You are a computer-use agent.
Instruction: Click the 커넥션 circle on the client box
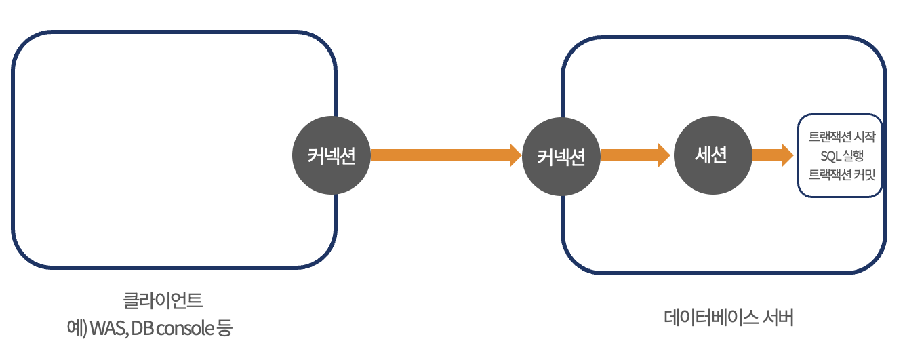[x=332, y=156]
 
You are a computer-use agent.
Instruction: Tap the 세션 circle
[x=712, y=155]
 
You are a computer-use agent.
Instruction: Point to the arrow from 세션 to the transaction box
[x=772, y=155]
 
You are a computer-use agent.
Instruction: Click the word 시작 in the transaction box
[x=867, y=137]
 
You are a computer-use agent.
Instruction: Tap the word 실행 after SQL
[x=853, y=155]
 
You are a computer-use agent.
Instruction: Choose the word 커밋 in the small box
[x=866, y=174]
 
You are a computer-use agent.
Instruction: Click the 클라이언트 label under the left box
[x=163, y=299]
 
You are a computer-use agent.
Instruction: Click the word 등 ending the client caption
[x=224, y=329]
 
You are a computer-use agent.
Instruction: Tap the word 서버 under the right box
[x=778, y=317]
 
